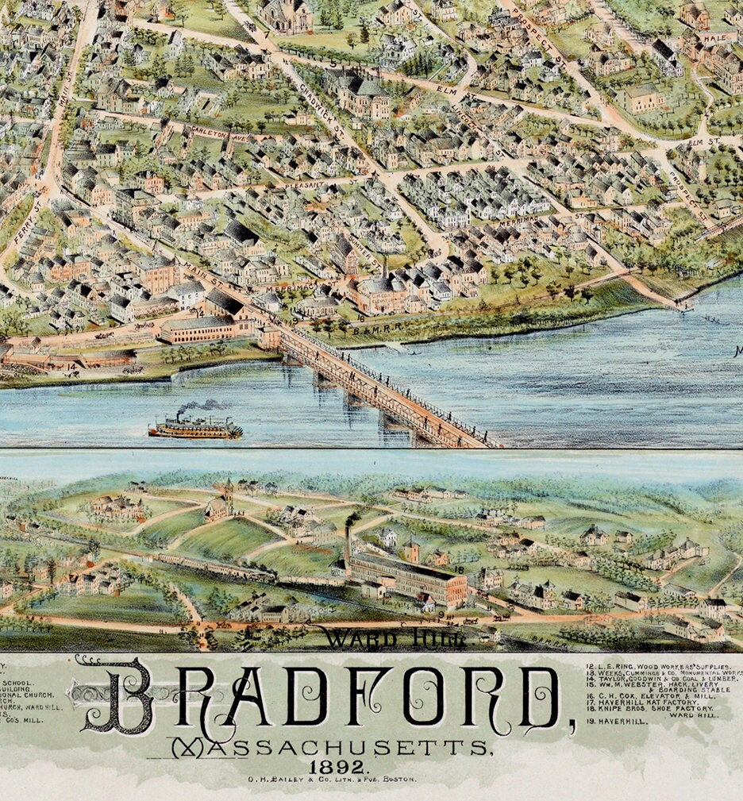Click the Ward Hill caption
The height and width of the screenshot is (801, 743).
pyautogui.click(x=395, y=637)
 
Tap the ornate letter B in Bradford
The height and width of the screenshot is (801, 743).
pyautogui.click(x=119, y=697)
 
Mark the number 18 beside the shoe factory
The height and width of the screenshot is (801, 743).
pyautogui.click(x=460, y=569)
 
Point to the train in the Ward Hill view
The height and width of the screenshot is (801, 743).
pyautogui.click(x=214, y=568)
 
